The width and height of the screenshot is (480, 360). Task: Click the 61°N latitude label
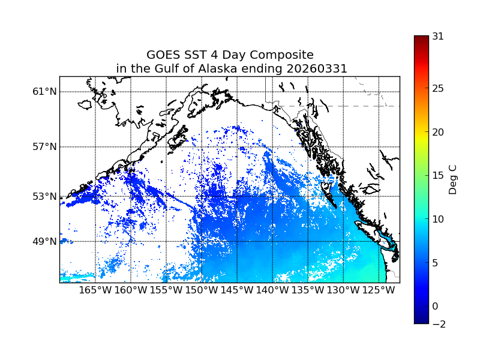click(x=44, y=92)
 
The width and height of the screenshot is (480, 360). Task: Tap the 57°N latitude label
click(x=44, y=147)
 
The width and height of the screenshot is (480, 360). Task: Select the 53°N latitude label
click(x=44, y=196)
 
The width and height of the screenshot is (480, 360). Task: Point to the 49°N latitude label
click(x=44, y=241)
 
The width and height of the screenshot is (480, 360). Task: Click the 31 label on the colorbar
click(x=438, y=36)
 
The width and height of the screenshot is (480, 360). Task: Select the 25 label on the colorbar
click(x=438, y=89)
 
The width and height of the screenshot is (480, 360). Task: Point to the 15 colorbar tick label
click(x=438, y=176)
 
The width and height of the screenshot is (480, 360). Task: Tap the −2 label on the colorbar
click(x=438, y=324)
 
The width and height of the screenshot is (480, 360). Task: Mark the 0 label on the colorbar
click(x=436, y=306)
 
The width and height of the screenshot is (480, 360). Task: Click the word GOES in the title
click(x=164, y=55)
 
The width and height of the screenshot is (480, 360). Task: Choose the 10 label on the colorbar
click(x=438, y=219)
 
